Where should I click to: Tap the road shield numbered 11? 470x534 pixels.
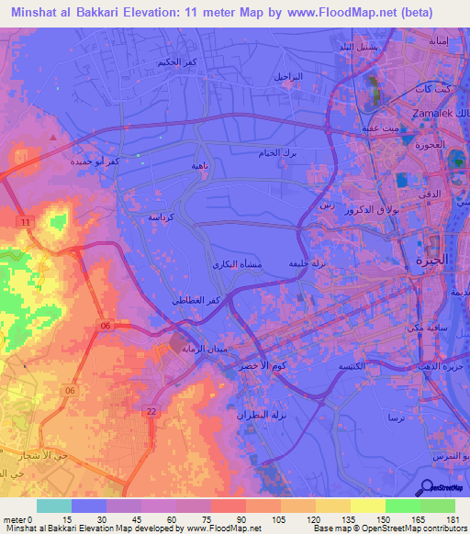tap(26, 222)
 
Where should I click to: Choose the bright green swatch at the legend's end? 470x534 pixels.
tap(437, 506)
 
